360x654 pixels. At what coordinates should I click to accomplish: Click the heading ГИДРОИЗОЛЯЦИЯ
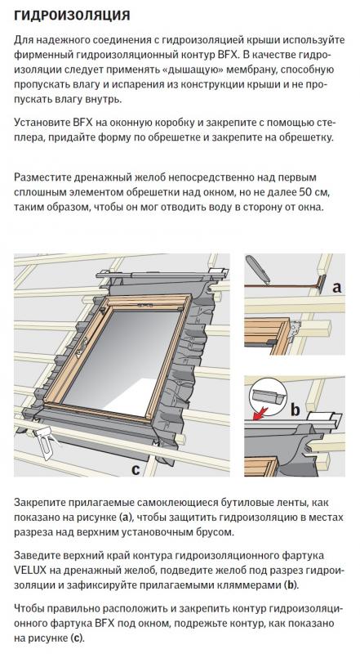pos(72,16)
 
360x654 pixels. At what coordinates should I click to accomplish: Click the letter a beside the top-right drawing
pos(336,287)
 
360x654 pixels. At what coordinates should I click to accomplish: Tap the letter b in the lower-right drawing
pos(295,410)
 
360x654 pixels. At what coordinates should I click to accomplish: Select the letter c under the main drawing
pos(136,469)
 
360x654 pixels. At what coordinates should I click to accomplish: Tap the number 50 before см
pos(305,192)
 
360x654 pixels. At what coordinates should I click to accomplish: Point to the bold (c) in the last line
pos(76,638)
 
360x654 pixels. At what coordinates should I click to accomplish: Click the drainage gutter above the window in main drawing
pos(162,275)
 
